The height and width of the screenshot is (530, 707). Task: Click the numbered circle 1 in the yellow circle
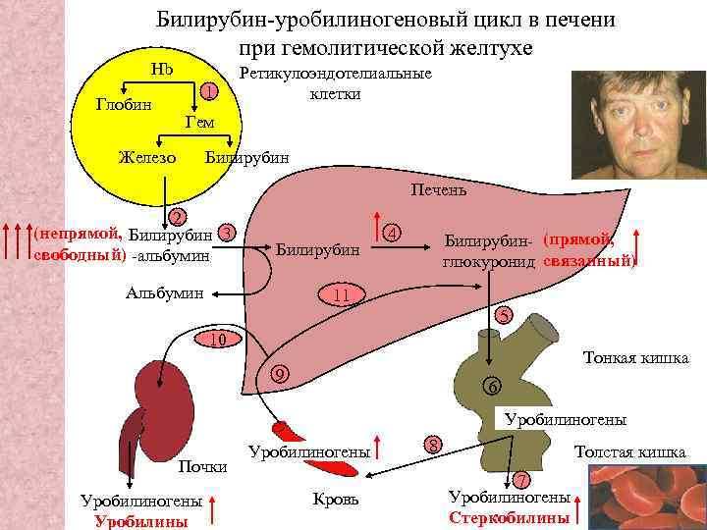(207, 91)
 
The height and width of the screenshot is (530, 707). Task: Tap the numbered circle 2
(176, 216)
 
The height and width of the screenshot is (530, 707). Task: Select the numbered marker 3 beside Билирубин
(227, 233)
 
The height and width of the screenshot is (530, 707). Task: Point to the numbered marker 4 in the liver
(392, 233)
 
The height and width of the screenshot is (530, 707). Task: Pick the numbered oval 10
(219, 340)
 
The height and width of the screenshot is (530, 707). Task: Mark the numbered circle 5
(503, 316)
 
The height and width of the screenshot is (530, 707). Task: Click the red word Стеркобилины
(509, 517)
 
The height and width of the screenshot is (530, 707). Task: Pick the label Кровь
(335, 500)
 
